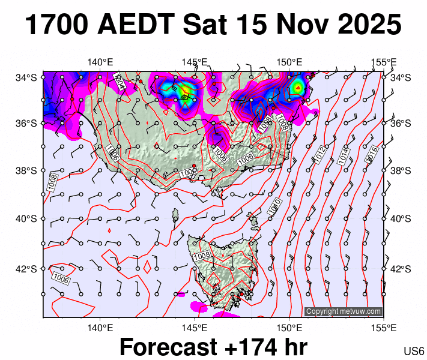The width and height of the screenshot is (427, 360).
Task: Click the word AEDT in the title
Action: (138, 25)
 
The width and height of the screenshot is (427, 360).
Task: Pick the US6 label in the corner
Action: (414, 350)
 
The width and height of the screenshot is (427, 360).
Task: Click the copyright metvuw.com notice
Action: (344, 311)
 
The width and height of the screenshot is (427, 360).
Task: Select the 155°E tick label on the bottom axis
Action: (383, 327)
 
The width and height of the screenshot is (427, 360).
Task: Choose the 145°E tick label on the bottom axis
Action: (195, 327)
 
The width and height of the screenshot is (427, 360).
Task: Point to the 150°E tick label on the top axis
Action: (289, 62)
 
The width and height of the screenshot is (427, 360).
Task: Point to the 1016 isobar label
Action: (371, 152)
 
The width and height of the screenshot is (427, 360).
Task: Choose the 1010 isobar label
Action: (274, 207)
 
